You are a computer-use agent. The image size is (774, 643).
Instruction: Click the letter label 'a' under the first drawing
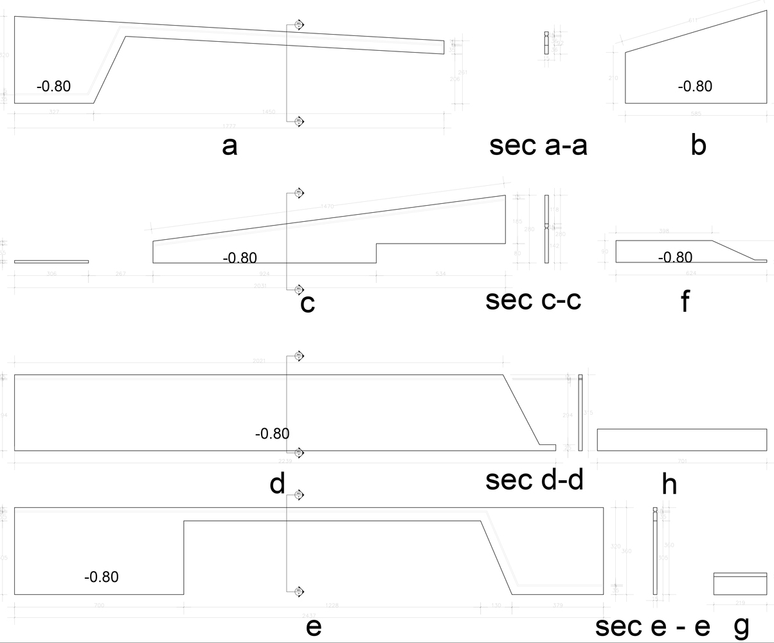230,146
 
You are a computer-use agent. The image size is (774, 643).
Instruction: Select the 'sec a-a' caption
538,145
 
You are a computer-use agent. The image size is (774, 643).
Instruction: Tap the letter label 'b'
698,145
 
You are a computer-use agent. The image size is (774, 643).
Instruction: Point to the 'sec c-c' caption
533,300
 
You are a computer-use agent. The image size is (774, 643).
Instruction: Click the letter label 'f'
685,301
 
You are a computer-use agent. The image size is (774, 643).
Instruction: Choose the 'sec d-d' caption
534,480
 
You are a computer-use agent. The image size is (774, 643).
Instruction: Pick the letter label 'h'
669,484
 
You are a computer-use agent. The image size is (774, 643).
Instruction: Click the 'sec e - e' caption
652,626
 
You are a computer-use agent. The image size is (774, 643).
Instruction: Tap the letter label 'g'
741,626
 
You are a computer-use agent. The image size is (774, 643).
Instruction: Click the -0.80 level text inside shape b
695,86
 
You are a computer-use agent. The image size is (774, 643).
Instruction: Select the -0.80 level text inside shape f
675,257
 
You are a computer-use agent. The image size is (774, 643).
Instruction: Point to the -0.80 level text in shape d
272,434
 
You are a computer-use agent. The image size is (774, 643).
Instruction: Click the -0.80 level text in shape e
101,577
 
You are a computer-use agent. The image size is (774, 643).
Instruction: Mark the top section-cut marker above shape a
298,24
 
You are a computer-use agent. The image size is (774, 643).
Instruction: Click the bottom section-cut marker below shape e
298,592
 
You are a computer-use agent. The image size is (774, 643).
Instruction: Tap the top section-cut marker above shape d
298,356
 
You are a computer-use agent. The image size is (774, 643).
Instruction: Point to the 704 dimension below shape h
681,461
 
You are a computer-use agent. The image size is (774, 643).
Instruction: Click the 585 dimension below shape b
696,114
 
